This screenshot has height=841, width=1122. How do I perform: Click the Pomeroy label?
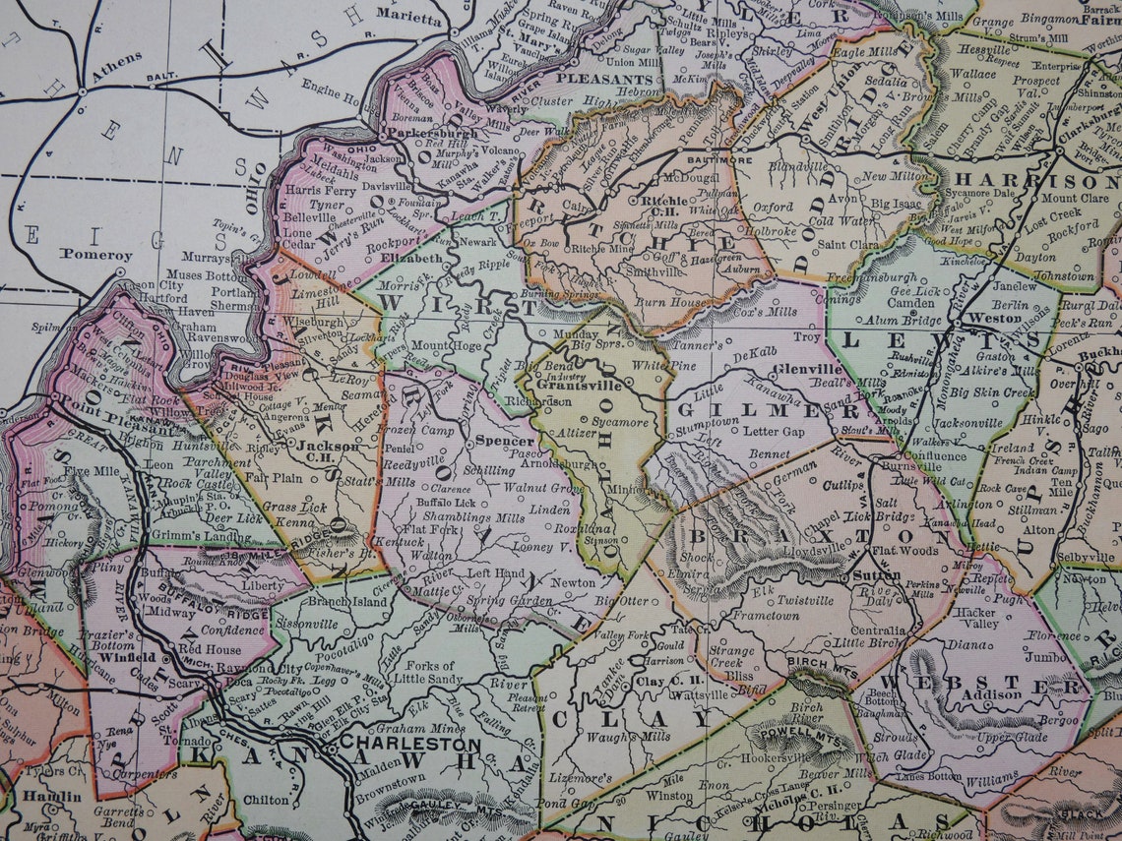click(x=95, y=255)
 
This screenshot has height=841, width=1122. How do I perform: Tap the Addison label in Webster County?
click(x=991, y=694)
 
